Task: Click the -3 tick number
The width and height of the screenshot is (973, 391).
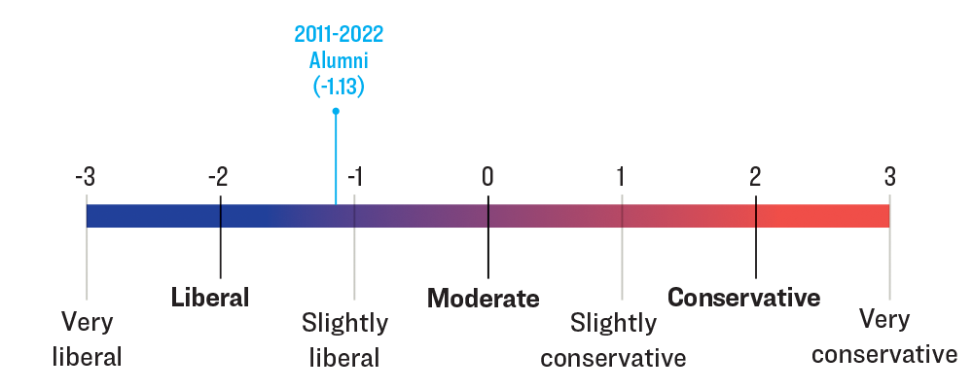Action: (x=86, y=177)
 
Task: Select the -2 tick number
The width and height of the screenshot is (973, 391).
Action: (x=218, y=177)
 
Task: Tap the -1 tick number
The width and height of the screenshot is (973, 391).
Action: (x=354, y=177)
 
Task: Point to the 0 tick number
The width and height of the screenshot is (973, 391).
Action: (x=487, y=177)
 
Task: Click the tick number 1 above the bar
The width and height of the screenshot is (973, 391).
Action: (x=621, y=177)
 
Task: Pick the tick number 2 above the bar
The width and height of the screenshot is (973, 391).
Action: (x=755, y=177)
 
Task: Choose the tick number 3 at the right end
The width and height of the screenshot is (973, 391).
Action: (x=889, y=177)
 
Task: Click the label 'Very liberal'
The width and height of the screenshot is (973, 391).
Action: (x=87, y=338)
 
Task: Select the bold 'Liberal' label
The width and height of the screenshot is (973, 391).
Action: (x=210, y=298)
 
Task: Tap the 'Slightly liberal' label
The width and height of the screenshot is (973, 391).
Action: (x=344, y=339)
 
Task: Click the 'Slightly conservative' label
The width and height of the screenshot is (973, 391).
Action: (x=614, y=339)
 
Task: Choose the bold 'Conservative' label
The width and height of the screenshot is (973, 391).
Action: (x=744, y=298)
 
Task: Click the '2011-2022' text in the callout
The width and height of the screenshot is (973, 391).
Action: (x=339, y=35)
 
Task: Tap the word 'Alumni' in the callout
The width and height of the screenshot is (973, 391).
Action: (x=338, y=60)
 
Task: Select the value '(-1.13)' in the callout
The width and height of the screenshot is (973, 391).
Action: (x=338, y=86)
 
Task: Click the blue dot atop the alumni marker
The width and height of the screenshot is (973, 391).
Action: (x=336, y=111)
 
